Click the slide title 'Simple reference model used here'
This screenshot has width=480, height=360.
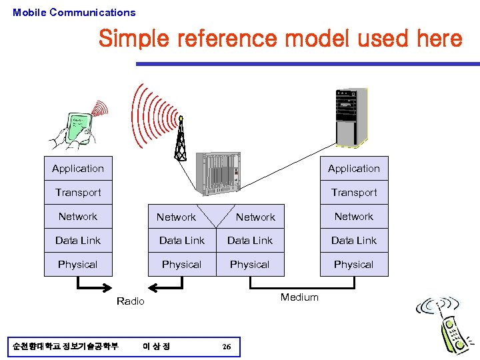click(x=280, y=39)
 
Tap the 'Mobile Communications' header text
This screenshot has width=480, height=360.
click(x=74, y=12)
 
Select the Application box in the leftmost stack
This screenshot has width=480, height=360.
click(x=78, y=169)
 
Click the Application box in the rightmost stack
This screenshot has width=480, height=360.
click(x=353, y=169)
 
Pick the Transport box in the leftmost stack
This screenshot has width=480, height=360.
click(x=78, y=193)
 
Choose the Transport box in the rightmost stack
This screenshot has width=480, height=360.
click(x=353, y=193)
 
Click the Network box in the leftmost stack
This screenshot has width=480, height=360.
click(x=78, y=217)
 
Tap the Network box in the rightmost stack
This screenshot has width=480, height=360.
click(x=353, y=217)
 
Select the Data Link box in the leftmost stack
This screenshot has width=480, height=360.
click(x=78, y=241)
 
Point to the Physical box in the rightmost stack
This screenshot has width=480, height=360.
click(x=353, y=265)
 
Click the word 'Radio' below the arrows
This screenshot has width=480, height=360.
click(x=130, y=301)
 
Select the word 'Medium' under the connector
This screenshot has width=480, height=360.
click(x=299, y=297)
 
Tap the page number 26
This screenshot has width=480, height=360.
click(x=227, y=347)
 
